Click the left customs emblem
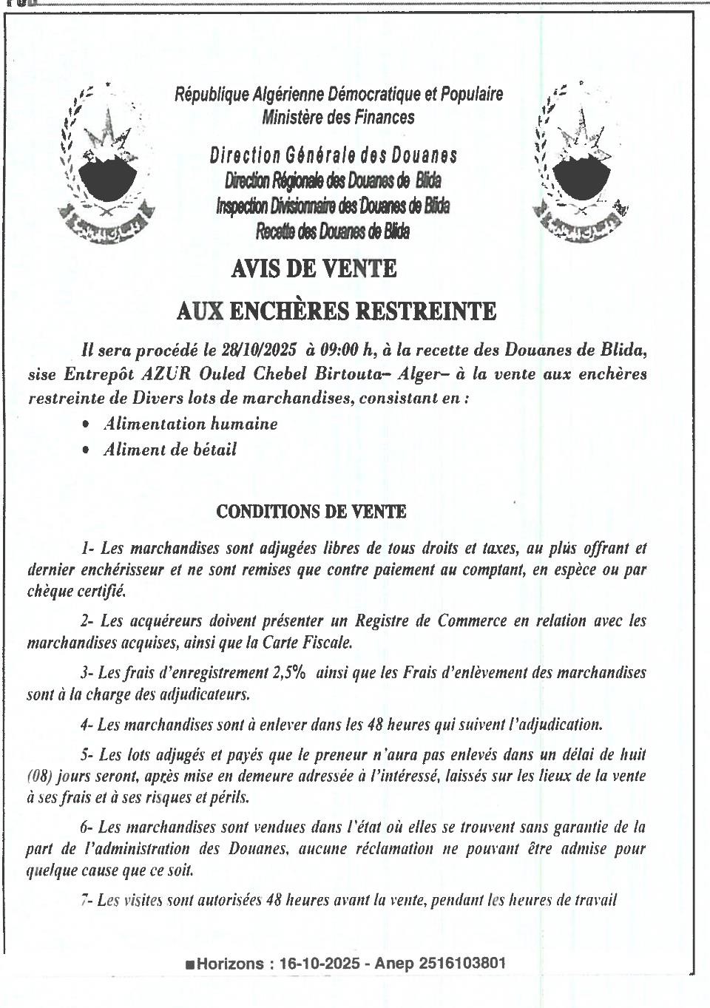point(108,166)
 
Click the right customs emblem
point(581,166)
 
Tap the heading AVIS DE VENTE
point(314,268)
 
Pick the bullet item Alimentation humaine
point(190,424)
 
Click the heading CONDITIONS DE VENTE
point(311,511)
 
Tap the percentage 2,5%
point(290,672)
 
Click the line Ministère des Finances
point(338,118)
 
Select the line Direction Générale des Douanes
point(334,155)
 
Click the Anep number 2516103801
point(462,963)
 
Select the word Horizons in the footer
point(230,963)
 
